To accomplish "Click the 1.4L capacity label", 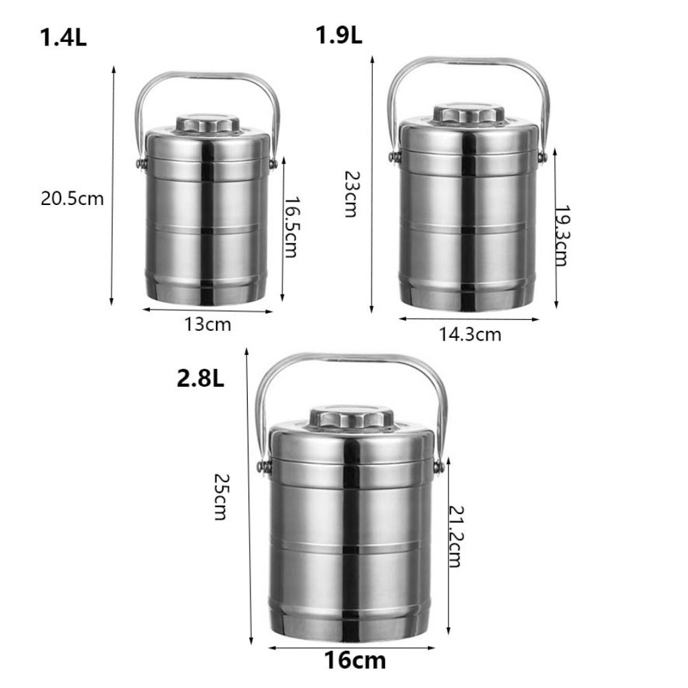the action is point(63,37).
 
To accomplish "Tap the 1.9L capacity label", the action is point(338,35).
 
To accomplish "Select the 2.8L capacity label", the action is point(200,378).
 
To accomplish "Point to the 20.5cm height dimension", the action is point(72,199).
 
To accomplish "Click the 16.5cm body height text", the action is point(291,227).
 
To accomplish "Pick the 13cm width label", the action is point(207,324).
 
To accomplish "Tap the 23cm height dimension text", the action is point(351,194).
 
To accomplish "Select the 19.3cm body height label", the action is point(561,235).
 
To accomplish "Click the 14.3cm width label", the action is point(470,335).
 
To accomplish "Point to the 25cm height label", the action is point(221,496).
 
